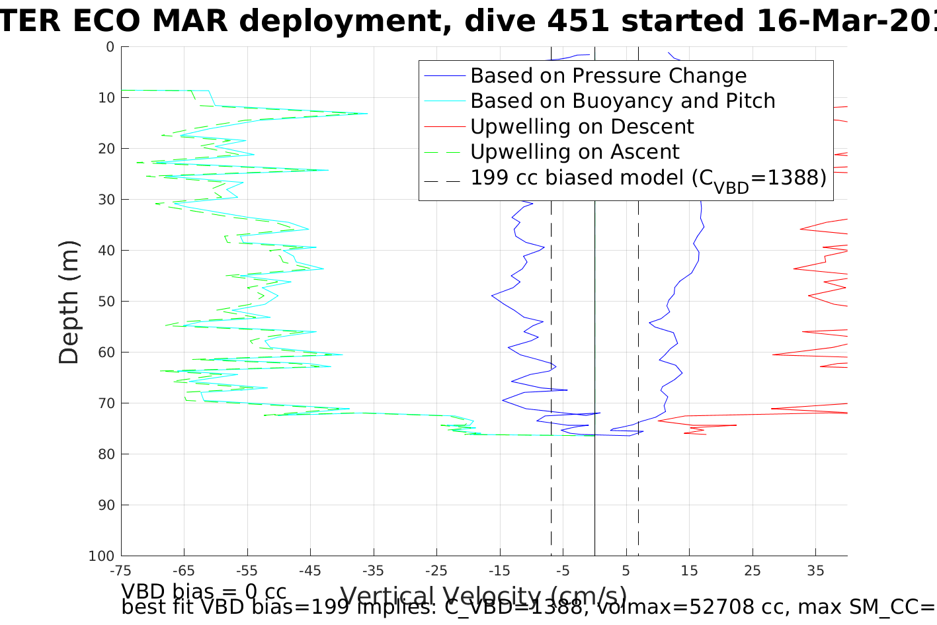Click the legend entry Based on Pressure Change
click(608, 76)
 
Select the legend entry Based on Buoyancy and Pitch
click(622, 101)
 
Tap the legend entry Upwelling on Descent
click(582, 126)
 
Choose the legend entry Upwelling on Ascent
click(575, 152)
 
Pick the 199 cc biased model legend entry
click(648, 178)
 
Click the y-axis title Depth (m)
click(69, 302)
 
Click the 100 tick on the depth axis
click(101, 556)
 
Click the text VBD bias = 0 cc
click(204, 591)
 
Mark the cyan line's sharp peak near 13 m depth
click(367, 114)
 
